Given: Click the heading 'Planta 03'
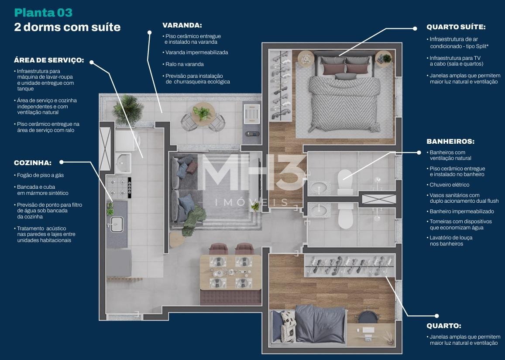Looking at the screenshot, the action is [x=43, y=13].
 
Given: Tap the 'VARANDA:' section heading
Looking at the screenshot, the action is [x=182, y=25].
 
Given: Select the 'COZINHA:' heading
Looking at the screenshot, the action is [x=33, y=163].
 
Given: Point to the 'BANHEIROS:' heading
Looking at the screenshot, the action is [x=450, y=141].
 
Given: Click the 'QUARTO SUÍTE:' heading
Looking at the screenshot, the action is [x=456, y=27].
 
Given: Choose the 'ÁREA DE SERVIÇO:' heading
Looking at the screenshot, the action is [x=48, y=60].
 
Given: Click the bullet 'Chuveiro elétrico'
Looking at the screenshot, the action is [x=449, y=185].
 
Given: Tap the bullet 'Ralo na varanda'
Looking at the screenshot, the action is [x=184, y=64].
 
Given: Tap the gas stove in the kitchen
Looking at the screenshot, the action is [x=119, y=187].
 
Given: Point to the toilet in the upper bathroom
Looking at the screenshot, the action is [x=344, y=182].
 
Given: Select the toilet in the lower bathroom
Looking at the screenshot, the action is [x=345, y=216].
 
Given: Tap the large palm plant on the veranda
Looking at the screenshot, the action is [x=128, y=109].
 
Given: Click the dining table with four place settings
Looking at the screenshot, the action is [x=231, y=272].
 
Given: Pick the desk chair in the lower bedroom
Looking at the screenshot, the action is [x=368, y=317].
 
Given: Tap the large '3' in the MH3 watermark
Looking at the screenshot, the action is [x=290, y=173].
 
